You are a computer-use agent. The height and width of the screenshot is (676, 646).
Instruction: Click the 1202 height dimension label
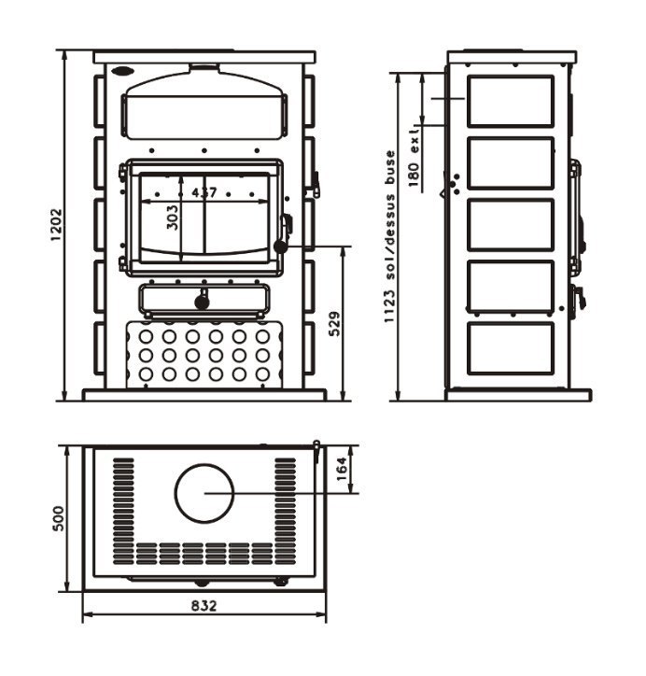[56, 225]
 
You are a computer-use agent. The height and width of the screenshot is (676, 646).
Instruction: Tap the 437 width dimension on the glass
[204, 192]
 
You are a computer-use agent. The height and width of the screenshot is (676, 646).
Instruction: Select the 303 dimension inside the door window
[172, 218]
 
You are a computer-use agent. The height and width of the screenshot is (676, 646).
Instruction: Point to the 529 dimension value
[334, 323]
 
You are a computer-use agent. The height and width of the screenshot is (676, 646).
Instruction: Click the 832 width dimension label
[204, 606]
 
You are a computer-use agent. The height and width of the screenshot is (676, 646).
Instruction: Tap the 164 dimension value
[341, 470]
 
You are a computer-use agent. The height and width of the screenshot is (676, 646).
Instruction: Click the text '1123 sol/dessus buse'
[389, 236]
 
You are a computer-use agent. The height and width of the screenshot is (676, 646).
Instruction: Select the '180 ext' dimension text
[414, 157]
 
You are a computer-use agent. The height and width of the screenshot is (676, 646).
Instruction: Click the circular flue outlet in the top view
[204, 494]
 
